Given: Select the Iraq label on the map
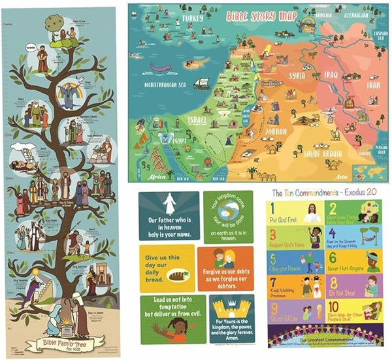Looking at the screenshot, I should tap(330, 75).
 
